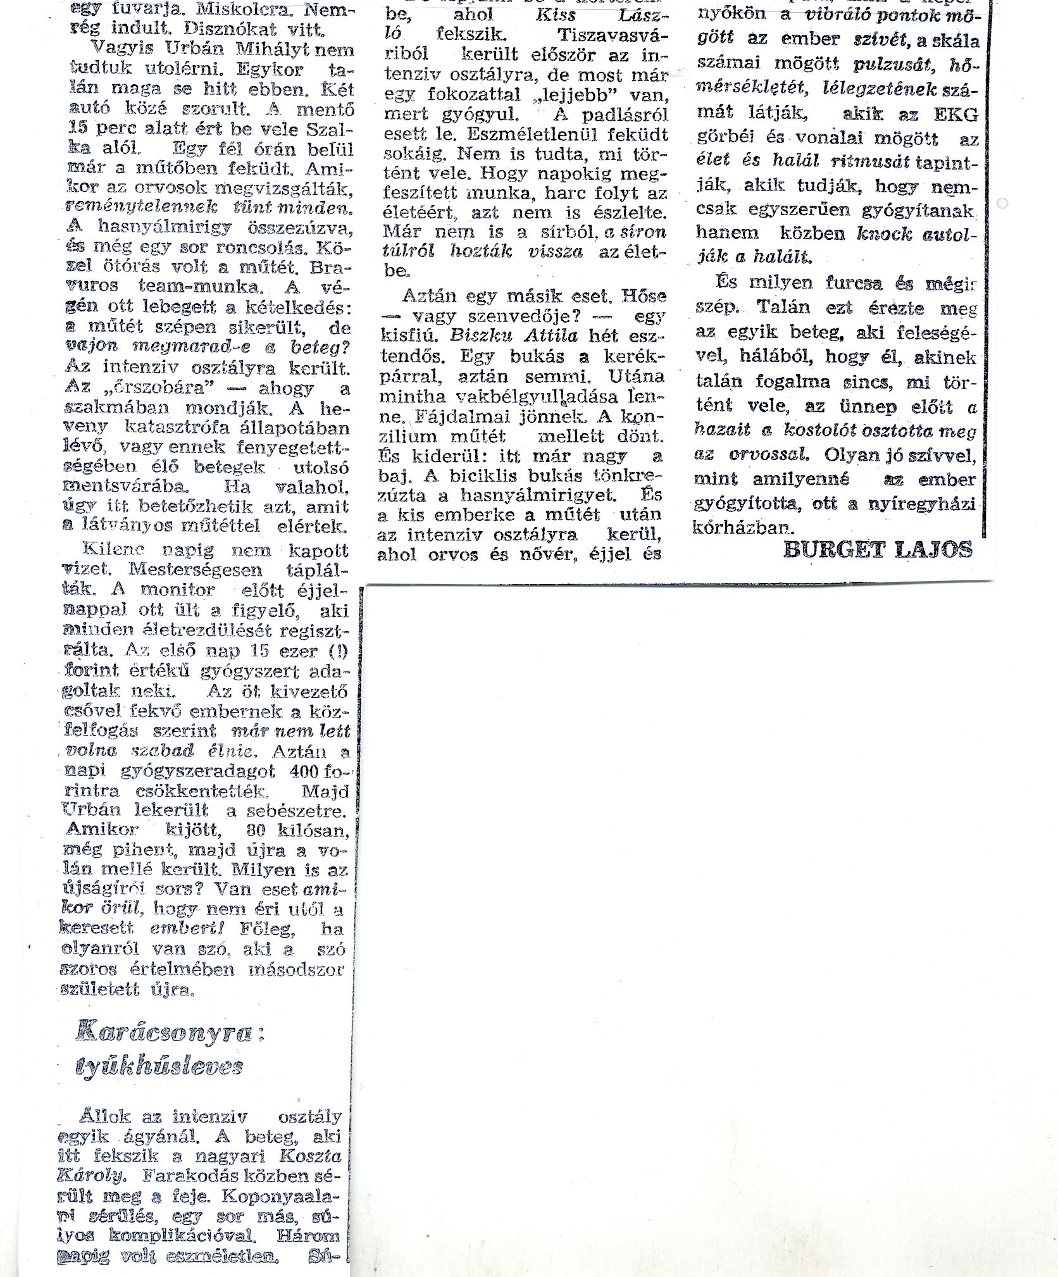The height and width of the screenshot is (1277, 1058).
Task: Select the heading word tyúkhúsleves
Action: tap(159, 1067)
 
